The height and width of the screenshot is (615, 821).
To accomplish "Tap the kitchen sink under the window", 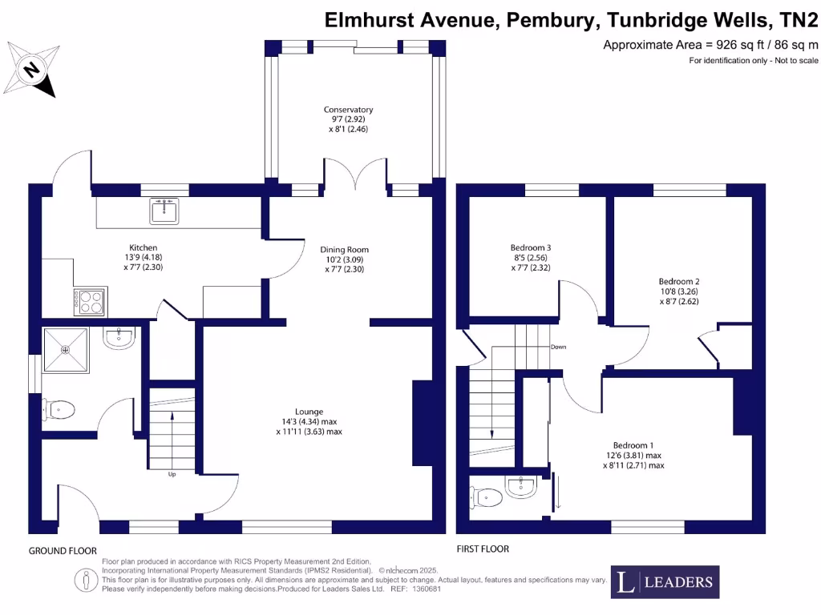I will pyautogui.click(x=164, y=211).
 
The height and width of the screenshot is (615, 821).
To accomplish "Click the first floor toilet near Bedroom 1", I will pyautogui.click(x=487, y=497).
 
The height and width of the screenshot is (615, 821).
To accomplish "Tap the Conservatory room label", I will pyautogui.click(x=348, y=119).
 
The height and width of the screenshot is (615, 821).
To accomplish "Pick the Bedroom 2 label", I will pyautogui.click(x=679, y=291).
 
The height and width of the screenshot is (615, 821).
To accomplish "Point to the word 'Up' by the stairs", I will pyautogui.click(x=172, y=474).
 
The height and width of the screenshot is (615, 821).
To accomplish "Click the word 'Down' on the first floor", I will pyautogui.click(x=559, y=347).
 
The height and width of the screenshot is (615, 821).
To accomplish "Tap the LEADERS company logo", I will pyautogui.click(x=665, y=582).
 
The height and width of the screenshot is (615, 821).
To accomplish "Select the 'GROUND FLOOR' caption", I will pyautogui.click(x=63, y=551).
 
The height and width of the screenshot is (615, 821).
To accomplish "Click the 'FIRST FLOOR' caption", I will pyautogui.click(x=483, y=549).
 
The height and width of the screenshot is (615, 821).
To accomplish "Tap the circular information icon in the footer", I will pyautogui.click(x=85, y=580).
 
